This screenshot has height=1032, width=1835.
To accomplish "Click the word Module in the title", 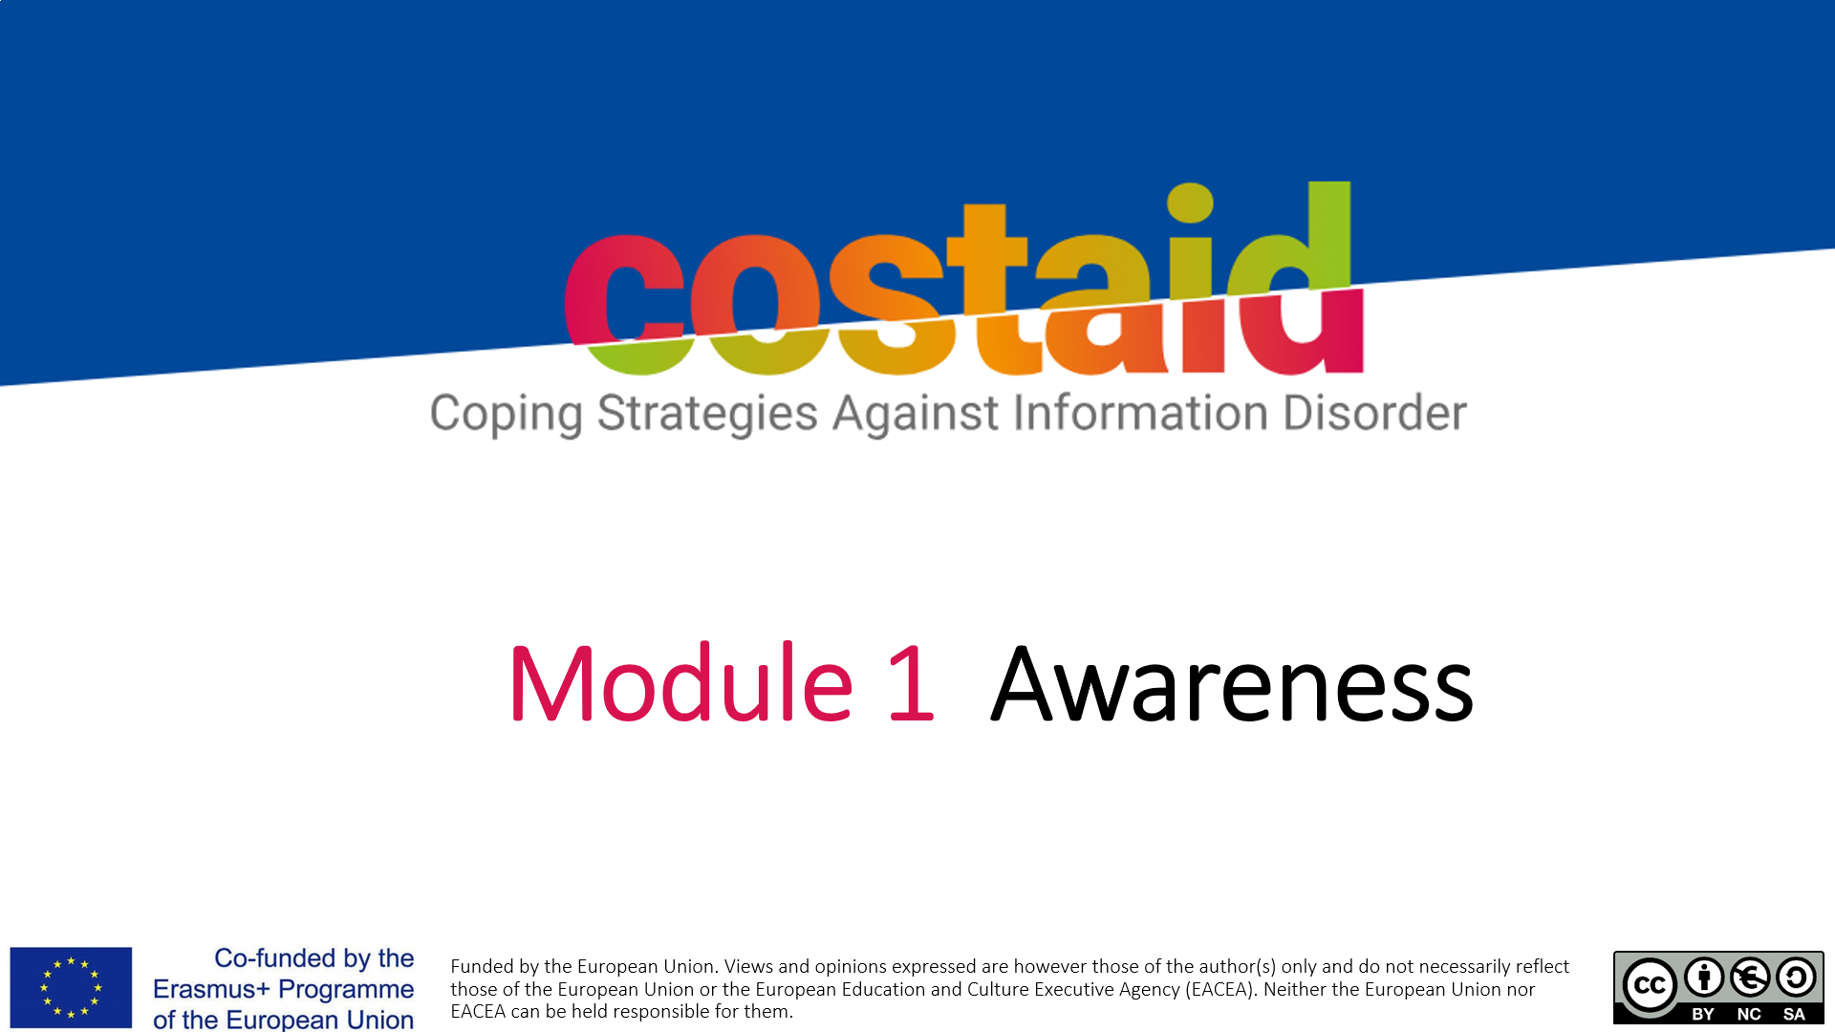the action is pyautogui.click(x=680, y=683).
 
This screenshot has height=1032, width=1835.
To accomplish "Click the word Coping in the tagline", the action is pyautogui.click(x=506, y=415).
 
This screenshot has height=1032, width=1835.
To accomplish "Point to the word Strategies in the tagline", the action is pyautogui.click(x=707, y=415).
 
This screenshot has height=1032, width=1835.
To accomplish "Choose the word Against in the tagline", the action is pyautogui.click(x=916, y=413).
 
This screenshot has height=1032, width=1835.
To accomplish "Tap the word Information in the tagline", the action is pyautogui.click(x=1140, y=413).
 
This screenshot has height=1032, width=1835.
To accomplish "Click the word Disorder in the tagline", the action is pyautogui.click(x=1374, y=413).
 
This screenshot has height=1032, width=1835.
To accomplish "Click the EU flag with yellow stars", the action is pyautogui.click(x=71, y=987).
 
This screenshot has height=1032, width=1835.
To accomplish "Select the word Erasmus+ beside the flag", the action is pyautogui.click(x=211, y=989).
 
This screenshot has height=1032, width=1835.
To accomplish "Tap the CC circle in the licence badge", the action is pyautogui.click(x=1651, y=985).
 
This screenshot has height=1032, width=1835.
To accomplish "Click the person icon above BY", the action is pyautogui.click(x=1704, y=978).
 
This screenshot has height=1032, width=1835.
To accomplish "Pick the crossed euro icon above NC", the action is pyautogui.click(x=1750, y=978).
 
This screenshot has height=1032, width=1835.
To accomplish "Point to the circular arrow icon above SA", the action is pyautogui.click(x=1796, y=978).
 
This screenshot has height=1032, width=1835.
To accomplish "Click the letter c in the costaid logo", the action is pyautogui.click(x=624, y=304).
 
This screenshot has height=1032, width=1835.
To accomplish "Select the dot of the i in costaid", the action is pyautogui.click(x=1190, y=203).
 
